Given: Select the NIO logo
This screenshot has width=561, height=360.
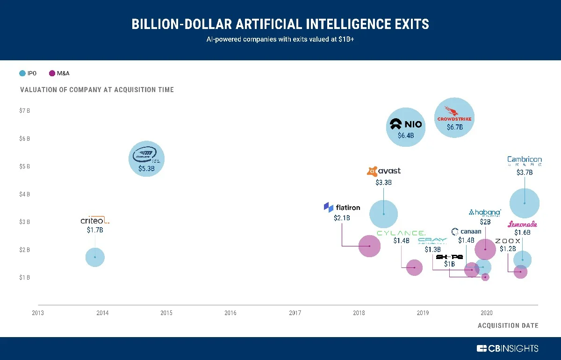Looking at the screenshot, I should [406, 124].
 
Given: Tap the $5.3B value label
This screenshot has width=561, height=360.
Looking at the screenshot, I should [146, 169].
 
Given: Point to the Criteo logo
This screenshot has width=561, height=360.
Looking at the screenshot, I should [94, 220].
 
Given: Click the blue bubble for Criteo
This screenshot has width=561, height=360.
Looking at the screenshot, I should [95, 257].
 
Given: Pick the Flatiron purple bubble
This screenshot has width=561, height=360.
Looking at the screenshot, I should [369, 246].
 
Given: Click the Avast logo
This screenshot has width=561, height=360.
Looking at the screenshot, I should [384, 171].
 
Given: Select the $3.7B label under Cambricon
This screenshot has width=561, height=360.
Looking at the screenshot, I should [525, 173].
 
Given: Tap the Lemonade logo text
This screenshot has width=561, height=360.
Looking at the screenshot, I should [522, 224].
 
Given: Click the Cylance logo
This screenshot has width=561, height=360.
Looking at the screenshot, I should [401, 232].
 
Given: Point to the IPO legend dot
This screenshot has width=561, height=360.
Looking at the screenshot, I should [22, 73].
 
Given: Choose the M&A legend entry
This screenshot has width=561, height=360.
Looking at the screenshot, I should [59, 73].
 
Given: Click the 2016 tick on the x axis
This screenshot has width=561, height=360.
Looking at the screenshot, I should [230, 313].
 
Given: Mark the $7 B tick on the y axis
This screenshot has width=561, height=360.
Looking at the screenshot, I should [25, 111].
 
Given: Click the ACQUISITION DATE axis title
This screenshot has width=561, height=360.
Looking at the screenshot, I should [508, 325].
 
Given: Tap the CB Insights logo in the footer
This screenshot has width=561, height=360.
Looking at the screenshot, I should [507, 348].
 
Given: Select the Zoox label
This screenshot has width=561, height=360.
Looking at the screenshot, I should [508, 241].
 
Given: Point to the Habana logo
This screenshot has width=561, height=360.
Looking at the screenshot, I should [485, 213].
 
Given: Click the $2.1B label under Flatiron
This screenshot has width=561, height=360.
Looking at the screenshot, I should [342, 218].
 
